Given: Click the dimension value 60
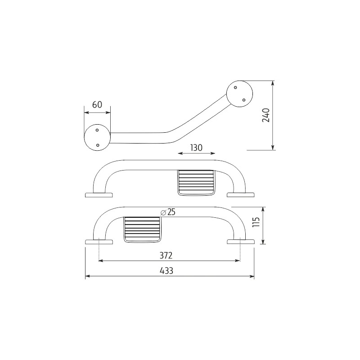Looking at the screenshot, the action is tap(97, 105).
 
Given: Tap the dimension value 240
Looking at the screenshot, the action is tap(266, 115).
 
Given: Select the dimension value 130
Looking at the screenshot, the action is tap(196, 148).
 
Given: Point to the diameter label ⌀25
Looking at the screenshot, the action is tap(168, 212).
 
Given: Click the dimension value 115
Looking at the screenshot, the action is tap(256, 222).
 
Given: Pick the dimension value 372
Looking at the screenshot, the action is tap(166, 255).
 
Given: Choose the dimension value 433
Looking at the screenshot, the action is tap(166, 271).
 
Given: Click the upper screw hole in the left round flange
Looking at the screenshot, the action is tap(97, 130).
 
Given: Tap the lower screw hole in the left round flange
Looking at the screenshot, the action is tap(98, 145).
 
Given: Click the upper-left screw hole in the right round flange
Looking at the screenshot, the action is tap(235, 87).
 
